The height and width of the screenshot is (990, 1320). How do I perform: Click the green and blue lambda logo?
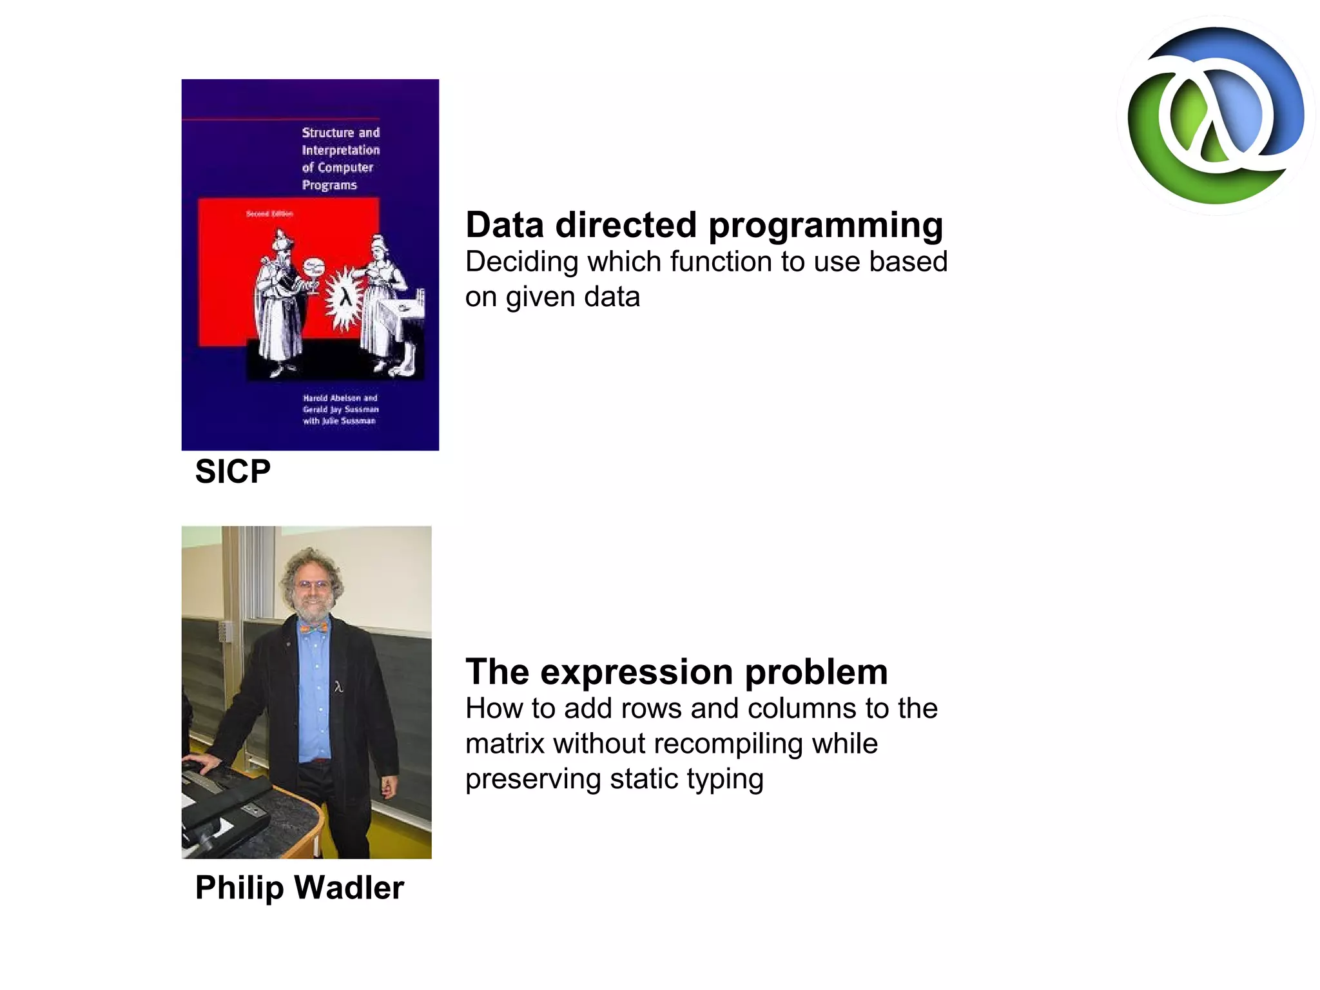point(1216,116)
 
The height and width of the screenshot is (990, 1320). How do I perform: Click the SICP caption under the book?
point(233,471)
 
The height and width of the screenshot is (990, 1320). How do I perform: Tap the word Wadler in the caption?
point(349,888)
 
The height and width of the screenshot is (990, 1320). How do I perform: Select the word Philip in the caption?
point(239,888)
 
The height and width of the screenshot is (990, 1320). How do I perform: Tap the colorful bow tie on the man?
point(313,626)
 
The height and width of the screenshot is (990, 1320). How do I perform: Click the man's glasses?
point(312,585)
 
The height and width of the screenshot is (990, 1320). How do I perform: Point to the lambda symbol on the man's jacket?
point(338,687)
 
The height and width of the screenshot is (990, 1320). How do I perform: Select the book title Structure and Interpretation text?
point(340,159)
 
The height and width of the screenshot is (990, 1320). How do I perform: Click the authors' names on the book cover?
point(340,409)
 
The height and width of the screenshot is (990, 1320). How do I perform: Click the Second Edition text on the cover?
point(269,213)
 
